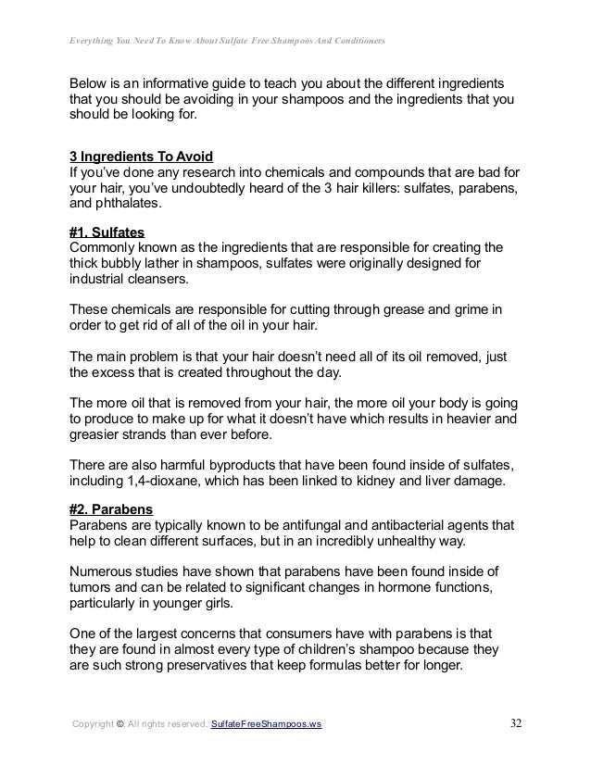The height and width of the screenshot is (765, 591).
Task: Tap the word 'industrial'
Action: point(101,281)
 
